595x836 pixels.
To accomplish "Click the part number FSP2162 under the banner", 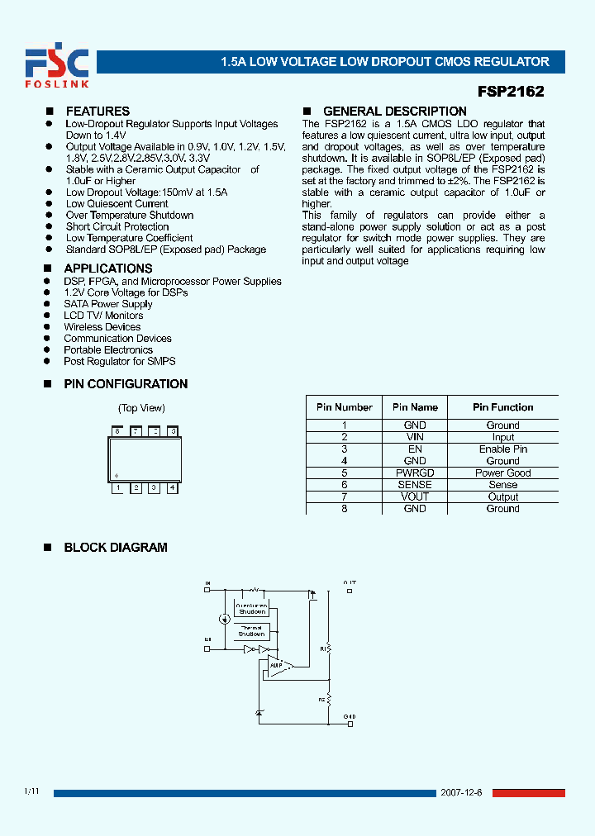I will tap(511, 93).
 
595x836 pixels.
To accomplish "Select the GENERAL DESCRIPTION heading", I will tap(394, 112).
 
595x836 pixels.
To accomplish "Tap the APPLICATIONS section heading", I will tap(107, 268).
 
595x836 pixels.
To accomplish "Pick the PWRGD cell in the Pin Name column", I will tap(415, 473).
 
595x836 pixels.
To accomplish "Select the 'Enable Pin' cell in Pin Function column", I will tap(502, 449).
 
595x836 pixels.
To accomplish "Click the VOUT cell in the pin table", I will tap(415, 496).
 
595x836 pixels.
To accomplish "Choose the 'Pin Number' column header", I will tap(344, 407).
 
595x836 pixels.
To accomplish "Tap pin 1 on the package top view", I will tap(118, 488).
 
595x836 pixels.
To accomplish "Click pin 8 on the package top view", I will tap(118, 431).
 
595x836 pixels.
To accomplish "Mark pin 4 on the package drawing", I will tap(172, 488).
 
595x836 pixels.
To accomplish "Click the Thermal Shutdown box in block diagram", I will tap(251, 631).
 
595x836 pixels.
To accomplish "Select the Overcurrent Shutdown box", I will tap(251, 609).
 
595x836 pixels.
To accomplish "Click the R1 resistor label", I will tap(322, 649).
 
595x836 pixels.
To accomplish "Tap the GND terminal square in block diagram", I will tap(350, 724).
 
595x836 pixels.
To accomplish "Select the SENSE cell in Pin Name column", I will tap(415, 485).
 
